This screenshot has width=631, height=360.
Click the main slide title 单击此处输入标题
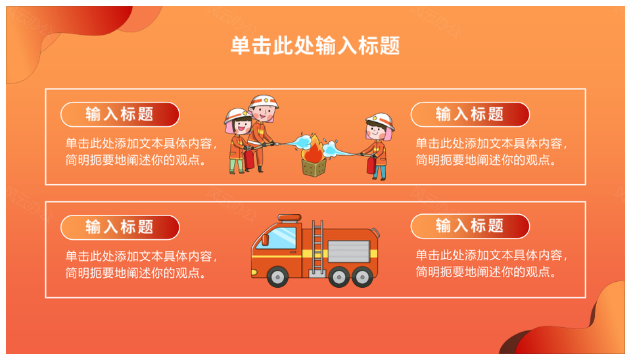(315, 45)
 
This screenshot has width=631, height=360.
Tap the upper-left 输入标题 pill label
(120, 114)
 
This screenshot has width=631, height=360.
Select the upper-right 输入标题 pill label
(470, 114)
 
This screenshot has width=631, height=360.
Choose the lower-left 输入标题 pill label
(120, 227)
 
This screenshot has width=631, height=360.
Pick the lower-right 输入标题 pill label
(470, 226)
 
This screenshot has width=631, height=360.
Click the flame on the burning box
(314, 150)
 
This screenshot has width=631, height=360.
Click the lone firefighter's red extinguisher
(371, 165)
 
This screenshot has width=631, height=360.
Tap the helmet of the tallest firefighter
(263, 102)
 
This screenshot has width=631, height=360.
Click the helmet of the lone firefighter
(381, 121)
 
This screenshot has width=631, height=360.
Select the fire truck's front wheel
(277, 277)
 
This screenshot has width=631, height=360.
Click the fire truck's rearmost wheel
(362, 277)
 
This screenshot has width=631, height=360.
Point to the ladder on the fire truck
(317, 248)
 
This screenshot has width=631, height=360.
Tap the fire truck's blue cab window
(282, 238)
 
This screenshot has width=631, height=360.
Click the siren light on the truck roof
(290, 218)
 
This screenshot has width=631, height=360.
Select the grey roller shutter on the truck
(349, 252)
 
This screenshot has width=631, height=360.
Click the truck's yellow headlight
(254, 273)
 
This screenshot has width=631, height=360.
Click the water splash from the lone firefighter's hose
(331, 149)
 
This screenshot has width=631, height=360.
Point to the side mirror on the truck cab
(265, 240)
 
